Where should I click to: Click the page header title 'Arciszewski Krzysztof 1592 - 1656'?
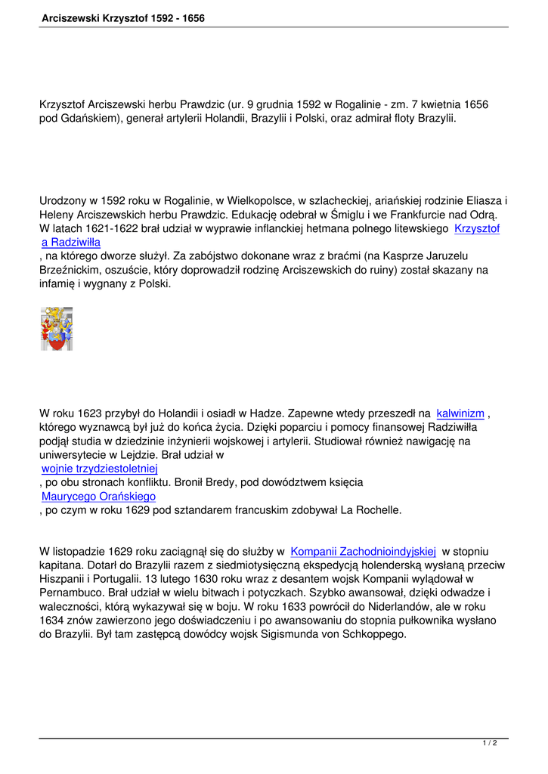[124, 17]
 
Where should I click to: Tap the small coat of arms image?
[57, 329]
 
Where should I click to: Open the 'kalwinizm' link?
[460, 413]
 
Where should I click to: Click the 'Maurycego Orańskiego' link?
[98, 497]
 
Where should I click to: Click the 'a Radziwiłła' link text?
[71, 242]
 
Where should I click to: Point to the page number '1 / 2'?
[490, 744]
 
